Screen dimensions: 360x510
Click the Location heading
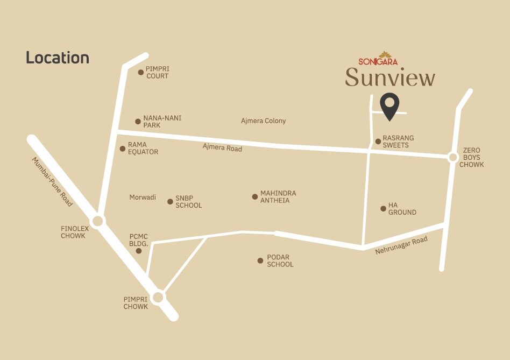[x=58, y=58]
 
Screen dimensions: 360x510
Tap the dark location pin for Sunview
[x=389, y=105]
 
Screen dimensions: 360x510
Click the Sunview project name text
[x=390, y=77]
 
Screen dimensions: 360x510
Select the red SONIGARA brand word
[x=378, y=61]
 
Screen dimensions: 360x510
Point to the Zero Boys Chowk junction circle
[x=453, y=157]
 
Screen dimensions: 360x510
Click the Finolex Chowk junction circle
[x=97, y=221]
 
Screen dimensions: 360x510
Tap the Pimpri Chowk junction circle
[x=158, y=297]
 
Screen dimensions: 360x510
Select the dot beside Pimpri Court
[x=141, y=72]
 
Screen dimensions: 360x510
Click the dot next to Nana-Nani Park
[x=138, y=122]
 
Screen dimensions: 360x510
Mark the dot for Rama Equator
[x=123, y=149]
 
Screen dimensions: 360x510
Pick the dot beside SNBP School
[x=170, y=202]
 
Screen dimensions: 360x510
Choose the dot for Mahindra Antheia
[x=255, y=197]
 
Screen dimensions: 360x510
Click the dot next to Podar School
[x=260, y=261]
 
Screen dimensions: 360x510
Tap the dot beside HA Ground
[x=383, y=209]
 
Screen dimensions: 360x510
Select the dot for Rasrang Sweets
[x=378, y=142]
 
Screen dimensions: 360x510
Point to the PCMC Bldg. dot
[x=139, y=251]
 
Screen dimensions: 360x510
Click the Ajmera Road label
[x=222, y=147]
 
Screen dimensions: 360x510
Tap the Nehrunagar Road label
[x=402, y=244]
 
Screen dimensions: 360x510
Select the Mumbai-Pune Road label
[x=52, y=182]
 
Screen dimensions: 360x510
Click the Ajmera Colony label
[x=264, y=121]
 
